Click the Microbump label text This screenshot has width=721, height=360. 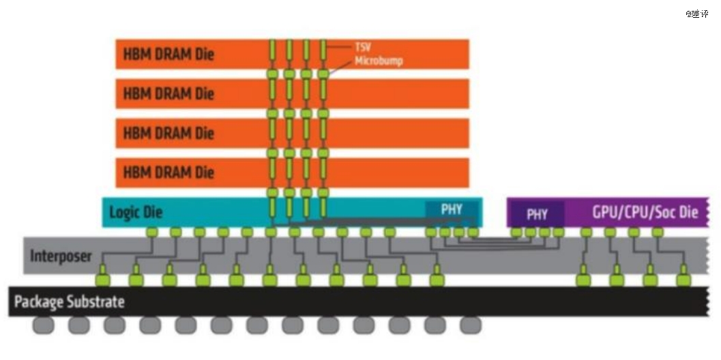[379, 61]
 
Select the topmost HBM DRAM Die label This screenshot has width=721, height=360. [168, 54]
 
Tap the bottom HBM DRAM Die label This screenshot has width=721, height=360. [168, 173]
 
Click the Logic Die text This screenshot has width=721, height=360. [136, 213]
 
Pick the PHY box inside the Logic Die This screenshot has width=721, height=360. [451, 209]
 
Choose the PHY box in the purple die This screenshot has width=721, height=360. [537, 214]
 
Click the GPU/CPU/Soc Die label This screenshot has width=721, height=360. [645, 212]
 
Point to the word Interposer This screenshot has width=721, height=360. [61, 256]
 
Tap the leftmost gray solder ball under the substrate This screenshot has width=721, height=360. [43, 325]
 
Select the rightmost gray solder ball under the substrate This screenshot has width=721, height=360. [470, 325]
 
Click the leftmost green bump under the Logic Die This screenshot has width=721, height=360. [151, 232]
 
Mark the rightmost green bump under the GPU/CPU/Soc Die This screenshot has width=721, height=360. [658, 232]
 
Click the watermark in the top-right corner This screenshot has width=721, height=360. [696, 14]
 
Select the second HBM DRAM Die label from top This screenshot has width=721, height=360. [168, 93]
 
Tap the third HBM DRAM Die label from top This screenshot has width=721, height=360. [168, 133]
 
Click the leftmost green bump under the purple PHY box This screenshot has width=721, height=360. [516, 232]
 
